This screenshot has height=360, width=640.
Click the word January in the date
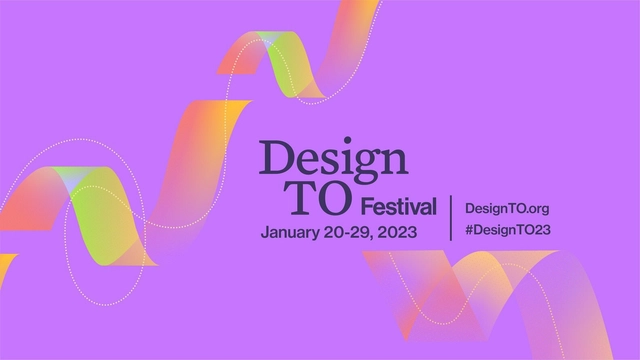click(291, 232)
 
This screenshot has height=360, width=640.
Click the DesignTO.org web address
click(509, 208)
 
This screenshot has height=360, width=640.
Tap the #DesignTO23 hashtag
click(509, 230)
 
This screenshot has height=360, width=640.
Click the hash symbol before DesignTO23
click(470, 230)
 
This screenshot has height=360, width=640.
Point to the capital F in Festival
click(364, 208)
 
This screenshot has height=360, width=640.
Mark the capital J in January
click(265, 232)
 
